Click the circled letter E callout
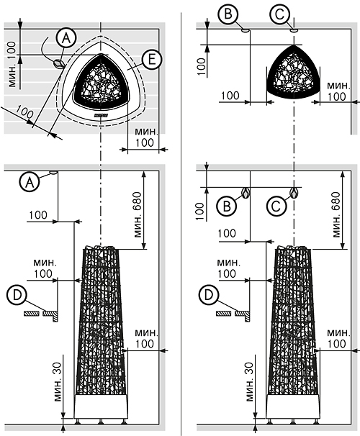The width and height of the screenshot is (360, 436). [x=151, y=60]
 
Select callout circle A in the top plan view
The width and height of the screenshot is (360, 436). [x=66, y=37]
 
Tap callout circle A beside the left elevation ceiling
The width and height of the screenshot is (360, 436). [x=30, y=182]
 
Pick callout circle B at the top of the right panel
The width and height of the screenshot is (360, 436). [x=228, y=14]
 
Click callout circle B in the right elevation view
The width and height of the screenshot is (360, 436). [x=227, y=206]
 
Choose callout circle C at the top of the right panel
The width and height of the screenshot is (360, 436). [x=279, y=14]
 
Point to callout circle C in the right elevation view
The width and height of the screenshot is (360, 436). [x=276, y=206]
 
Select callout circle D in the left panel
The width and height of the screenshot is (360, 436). [x=17, y=295]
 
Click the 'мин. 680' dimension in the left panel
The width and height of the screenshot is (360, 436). [x=138, y=214]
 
